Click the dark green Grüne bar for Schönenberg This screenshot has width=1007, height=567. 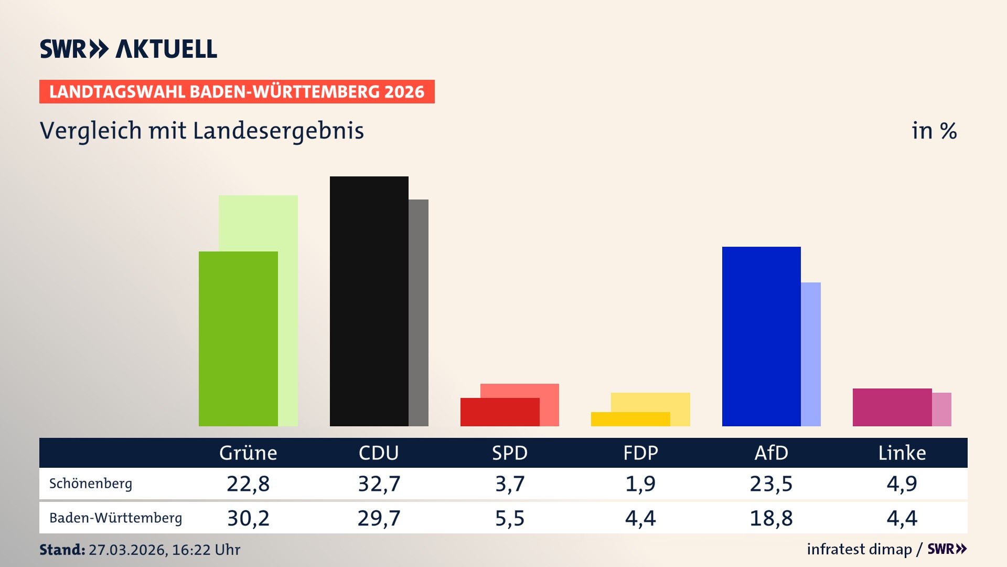(238, 339)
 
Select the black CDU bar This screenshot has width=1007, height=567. (369, 301)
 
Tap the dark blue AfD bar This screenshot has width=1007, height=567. (761, 336)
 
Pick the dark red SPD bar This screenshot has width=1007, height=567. (499, 412)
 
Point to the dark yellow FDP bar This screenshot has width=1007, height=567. (630, 419)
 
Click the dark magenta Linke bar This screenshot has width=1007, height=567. (892, 407)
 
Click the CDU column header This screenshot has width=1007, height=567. (379, 453)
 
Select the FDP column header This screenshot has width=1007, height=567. (640, 453)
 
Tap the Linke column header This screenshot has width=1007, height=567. (902, 453)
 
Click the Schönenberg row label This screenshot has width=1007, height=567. (91, 484)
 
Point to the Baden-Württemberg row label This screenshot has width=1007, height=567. (115, 518)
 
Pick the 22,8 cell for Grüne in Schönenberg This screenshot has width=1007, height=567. (248, 484)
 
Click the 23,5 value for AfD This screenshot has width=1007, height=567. (771, 484)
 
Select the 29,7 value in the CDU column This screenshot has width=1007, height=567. (379, 518)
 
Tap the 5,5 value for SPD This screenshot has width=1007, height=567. (510, 518)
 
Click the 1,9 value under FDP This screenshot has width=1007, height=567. (640, 484)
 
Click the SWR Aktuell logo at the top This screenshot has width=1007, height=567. (128, 49)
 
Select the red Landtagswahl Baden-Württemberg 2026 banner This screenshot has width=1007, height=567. (237, 92)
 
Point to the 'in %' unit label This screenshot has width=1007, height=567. (934, 131)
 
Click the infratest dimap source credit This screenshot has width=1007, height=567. (859, 549)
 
